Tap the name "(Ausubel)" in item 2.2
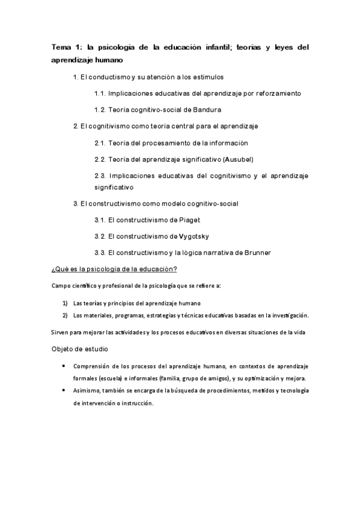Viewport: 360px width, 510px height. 238,159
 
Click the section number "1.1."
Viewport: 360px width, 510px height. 100,94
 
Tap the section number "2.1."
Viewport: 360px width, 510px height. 100,143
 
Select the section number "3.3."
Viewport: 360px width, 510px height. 100,251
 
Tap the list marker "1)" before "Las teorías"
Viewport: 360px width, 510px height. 65,303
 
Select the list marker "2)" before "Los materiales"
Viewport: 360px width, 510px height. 65,315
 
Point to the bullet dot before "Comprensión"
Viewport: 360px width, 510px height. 64,366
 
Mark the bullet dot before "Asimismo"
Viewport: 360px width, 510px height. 64,390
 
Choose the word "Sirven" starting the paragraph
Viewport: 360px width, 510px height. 60,333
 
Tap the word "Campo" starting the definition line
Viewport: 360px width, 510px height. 61,286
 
